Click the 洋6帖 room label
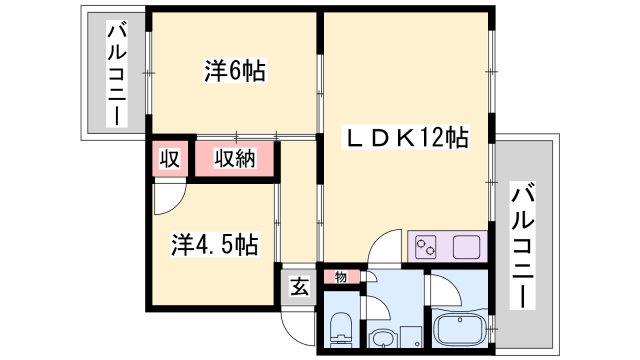235,71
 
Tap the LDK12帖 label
406,137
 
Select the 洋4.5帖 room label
214,244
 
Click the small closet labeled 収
170,158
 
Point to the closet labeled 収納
235,158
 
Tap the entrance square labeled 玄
299,287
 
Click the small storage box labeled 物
342,277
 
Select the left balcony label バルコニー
117,73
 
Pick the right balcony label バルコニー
523,247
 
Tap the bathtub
459,331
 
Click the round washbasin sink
382,338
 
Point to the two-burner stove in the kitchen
426,247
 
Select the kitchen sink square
466,247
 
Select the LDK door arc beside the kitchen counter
384,246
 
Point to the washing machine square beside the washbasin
411,336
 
